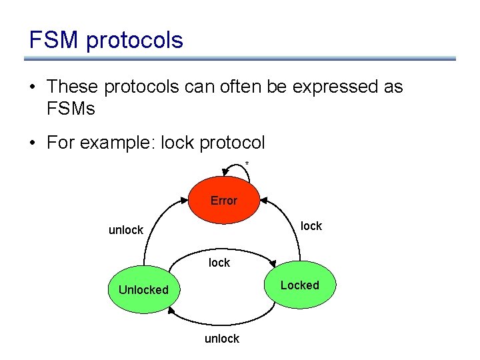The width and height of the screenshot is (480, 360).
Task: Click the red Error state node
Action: [x=223, y=200]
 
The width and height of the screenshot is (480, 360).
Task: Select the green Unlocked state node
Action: [x=143, y=289]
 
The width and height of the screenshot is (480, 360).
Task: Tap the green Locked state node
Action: [x=299, y=285]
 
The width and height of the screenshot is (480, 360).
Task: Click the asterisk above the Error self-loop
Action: [x=247, y=164]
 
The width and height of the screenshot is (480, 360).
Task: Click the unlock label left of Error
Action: [x=126, y=230]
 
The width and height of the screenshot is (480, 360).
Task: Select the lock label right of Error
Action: [x=311, y=226]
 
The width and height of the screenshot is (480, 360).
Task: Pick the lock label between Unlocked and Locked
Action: [x=219, y=263]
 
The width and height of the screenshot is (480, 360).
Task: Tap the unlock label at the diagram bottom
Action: [x=221, y=339]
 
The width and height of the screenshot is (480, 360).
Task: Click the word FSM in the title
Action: [x=53, y=40]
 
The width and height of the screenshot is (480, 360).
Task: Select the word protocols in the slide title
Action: [x=134, y=41]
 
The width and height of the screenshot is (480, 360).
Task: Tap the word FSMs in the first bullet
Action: [x=71, y=108]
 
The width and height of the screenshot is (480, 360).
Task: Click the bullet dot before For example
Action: [x=33, y=143]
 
